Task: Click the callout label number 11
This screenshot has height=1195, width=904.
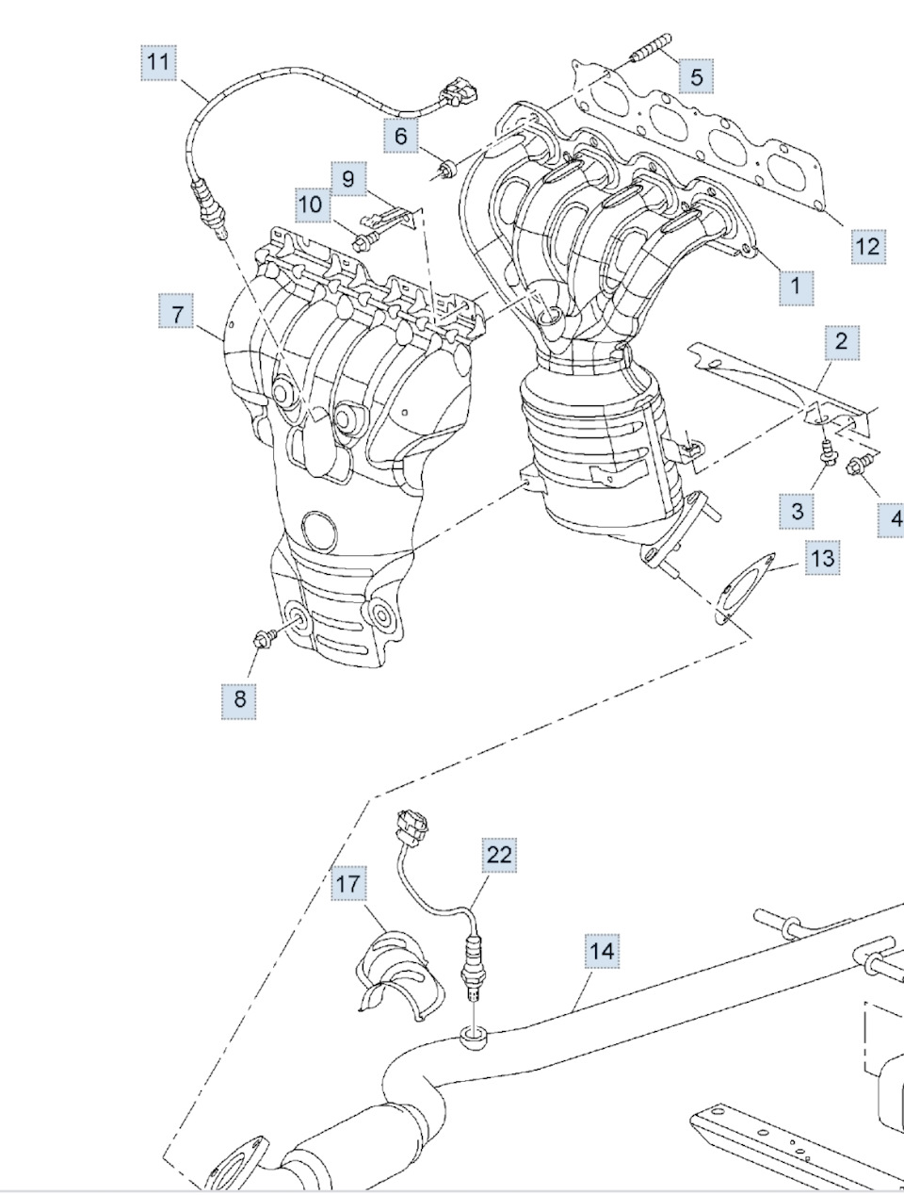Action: click(159, 62)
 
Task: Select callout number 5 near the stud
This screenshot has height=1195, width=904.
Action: click(696, 76)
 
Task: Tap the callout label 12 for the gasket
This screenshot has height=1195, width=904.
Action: click(867, 246)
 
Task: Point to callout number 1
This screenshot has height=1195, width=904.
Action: click(796, 285)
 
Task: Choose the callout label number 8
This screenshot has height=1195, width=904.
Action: click(239, 698)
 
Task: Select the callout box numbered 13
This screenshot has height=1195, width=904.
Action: click(822, 558)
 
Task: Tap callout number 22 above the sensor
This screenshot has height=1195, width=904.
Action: click(499, 854)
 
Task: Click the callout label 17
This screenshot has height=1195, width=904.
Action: click(347, 884)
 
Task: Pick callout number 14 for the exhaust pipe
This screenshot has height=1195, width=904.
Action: click(602, 951)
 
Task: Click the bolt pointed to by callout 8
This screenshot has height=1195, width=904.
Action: click(265, 639)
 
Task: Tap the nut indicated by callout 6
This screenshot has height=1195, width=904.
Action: click(446, 171)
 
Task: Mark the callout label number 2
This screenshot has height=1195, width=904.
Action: click(841, 341)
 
